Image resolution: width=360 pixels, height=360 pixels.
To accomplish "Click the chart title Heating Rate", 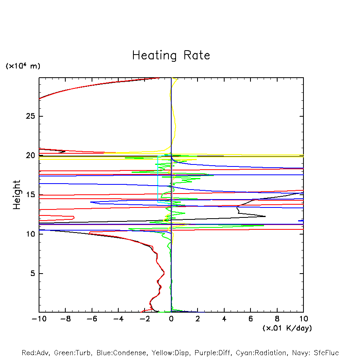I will (171, 55).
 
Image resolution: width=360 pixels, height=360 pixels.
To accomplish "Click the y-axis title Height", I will (17, 195).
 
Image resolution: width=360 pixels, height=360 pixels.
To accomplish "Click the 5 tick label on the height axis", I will (31, 274).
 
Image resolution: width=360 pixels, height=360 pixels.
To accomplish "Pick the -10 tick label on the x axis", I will (39, 319).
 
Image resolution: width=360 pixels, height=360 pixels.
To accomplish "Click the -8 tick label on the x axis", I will (65, 319).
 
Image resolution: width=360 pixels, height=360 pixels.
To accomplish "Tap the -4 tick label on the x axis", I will (118, 319).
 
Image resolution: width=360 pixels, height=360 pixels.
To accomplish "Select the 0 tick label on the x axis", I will (171, 319).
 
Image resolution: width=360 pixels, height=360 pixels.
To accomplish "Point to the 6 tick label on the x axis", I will (250, 319).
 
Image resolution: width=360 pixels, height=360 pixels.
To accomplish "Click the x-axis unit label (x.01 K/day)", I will (287, 328).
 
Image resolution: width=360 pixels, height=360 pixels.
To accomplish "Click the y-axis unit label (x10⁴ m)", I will (23, 66).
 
